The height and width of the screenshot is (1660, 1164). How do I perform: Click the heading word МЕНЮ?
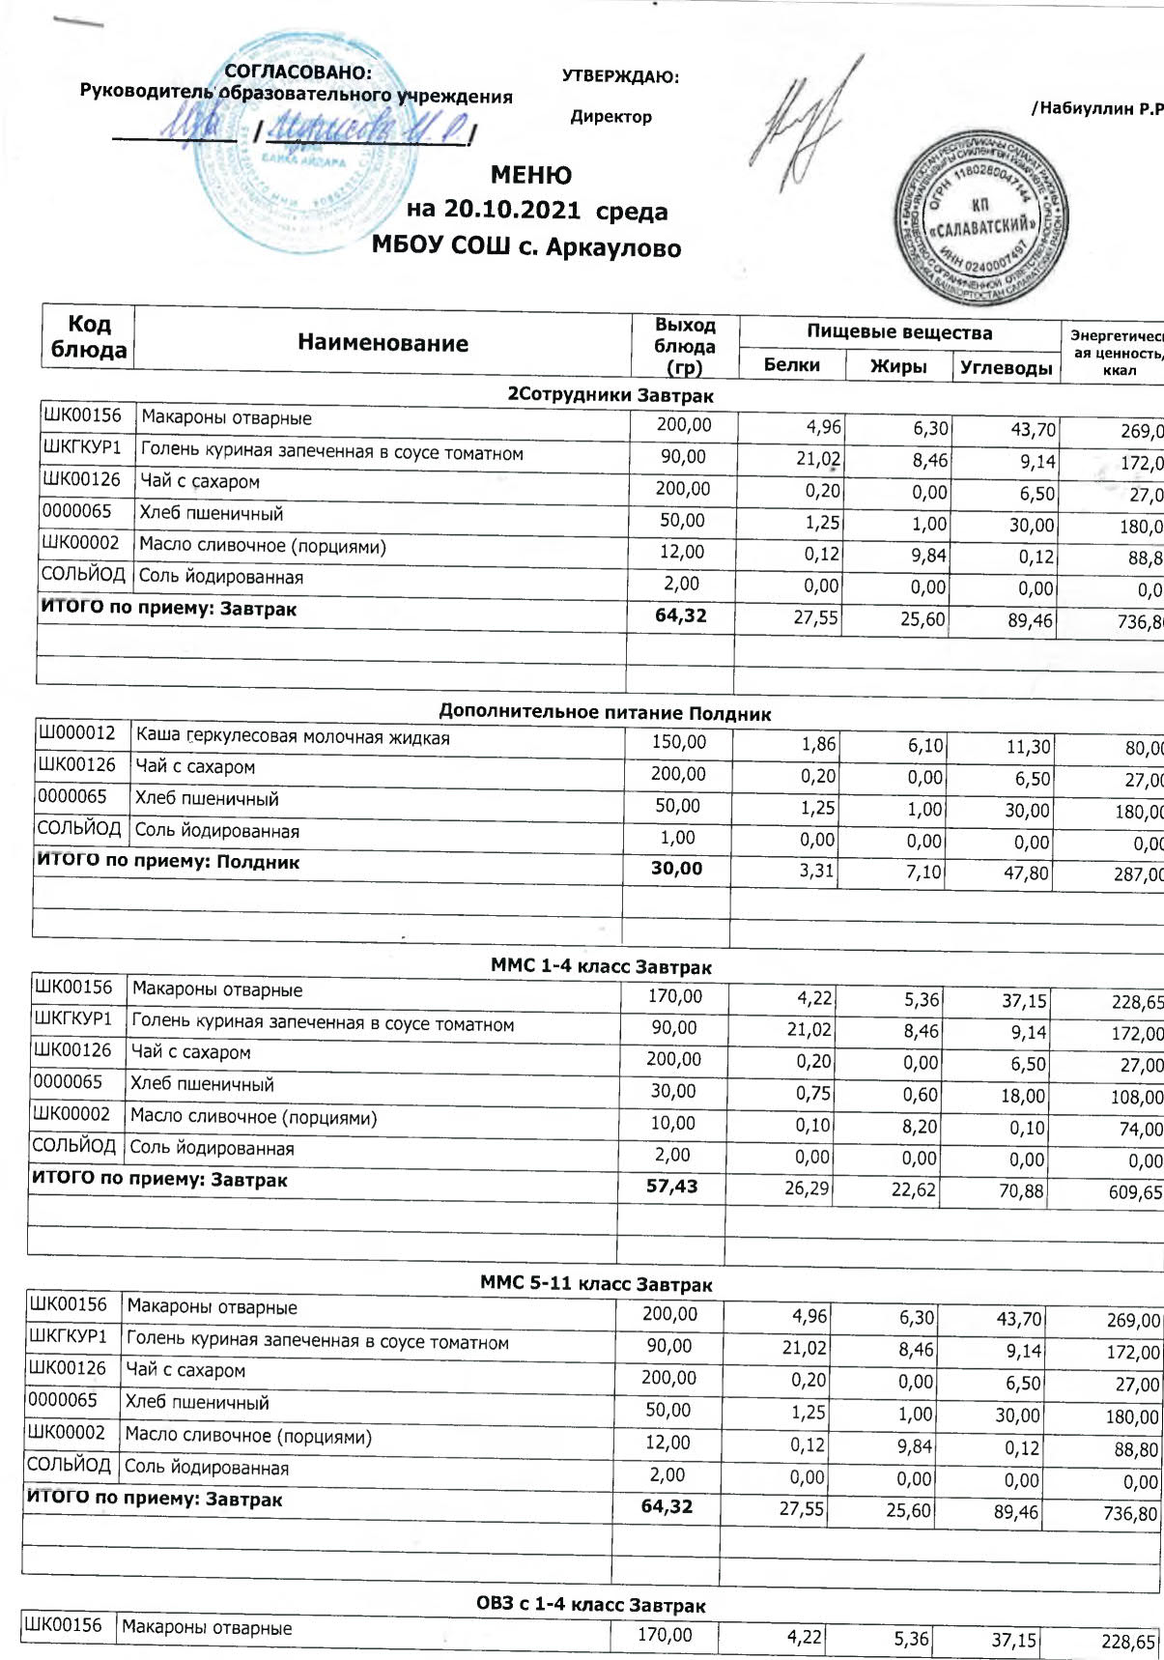pyautogui.click(x=530, y=175)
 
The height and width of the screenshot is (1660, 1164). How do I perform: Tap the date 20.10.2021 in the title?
pyautogui.click(x=494, y=210)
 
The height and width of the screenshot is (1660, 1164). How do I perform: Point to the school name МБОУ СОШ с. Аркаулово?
pyautogui.click(x=526, y=247)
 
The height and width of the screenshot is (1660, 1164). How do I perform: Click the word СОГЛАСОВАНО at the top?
pyautogui.click(x=298, y=72)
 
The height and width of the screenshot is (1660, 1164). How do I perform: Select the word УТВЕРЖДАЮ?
pyautogui.click(x=620, y=77)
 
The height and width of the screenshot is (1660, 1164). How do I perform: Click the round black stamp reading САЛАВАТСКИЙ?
pyautogui.click(x=981, y=219)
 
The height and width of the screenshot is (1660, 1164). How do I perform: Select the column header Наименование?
pyautogui.click(x=383, y=343)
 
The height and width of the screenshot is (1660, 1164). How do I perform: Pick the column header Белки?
pyautogui.click(x=791, y=365)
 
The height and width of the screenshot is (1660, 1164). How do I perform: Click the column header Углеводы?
pyautogui.click(x=1006, y=368)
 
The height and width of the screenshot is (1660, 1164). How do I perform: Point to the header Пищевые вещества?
pyautogui.click(x=899, y=332)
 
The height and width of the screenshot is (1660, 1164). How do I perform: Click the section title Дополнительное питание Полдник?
pyautogui.click(x=605, y=713)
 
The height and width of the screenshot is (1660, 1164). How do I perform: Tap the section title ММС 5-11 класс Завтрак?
pyautogui.click(x=596, y=1284)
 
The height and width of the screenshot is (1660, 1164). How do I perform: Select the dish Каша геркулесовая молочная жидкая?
pyautogui.click(x=293, y=737)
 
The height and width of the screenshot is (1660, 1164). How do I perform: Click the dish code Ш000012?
pyautogui.click(x=76, y=733)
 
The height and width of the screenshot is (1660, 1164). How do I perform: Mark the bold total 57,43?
pyautogui.click(x=671, y=1186)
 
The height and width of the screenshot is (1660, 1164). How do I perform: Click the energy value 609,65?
pyautogui.click(x=1135, y=1192)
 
